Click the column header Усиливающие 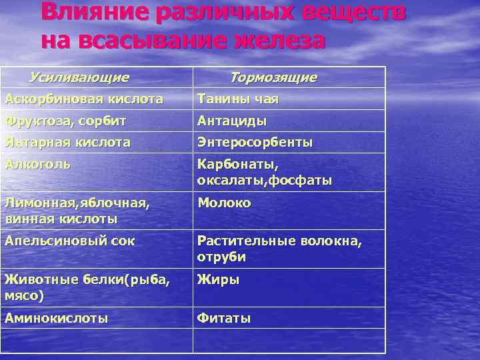79,77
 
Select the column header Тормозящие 273,78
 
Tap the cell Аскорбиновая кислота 84,99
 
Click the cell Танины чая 237,99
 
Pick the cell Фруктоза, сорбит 65,121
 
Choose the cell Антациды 232,121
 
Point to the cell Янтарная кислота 67,143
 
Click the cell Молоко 224,203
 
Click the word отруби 221,257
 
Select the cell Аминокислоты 56,319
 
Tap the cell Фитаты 224,319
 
